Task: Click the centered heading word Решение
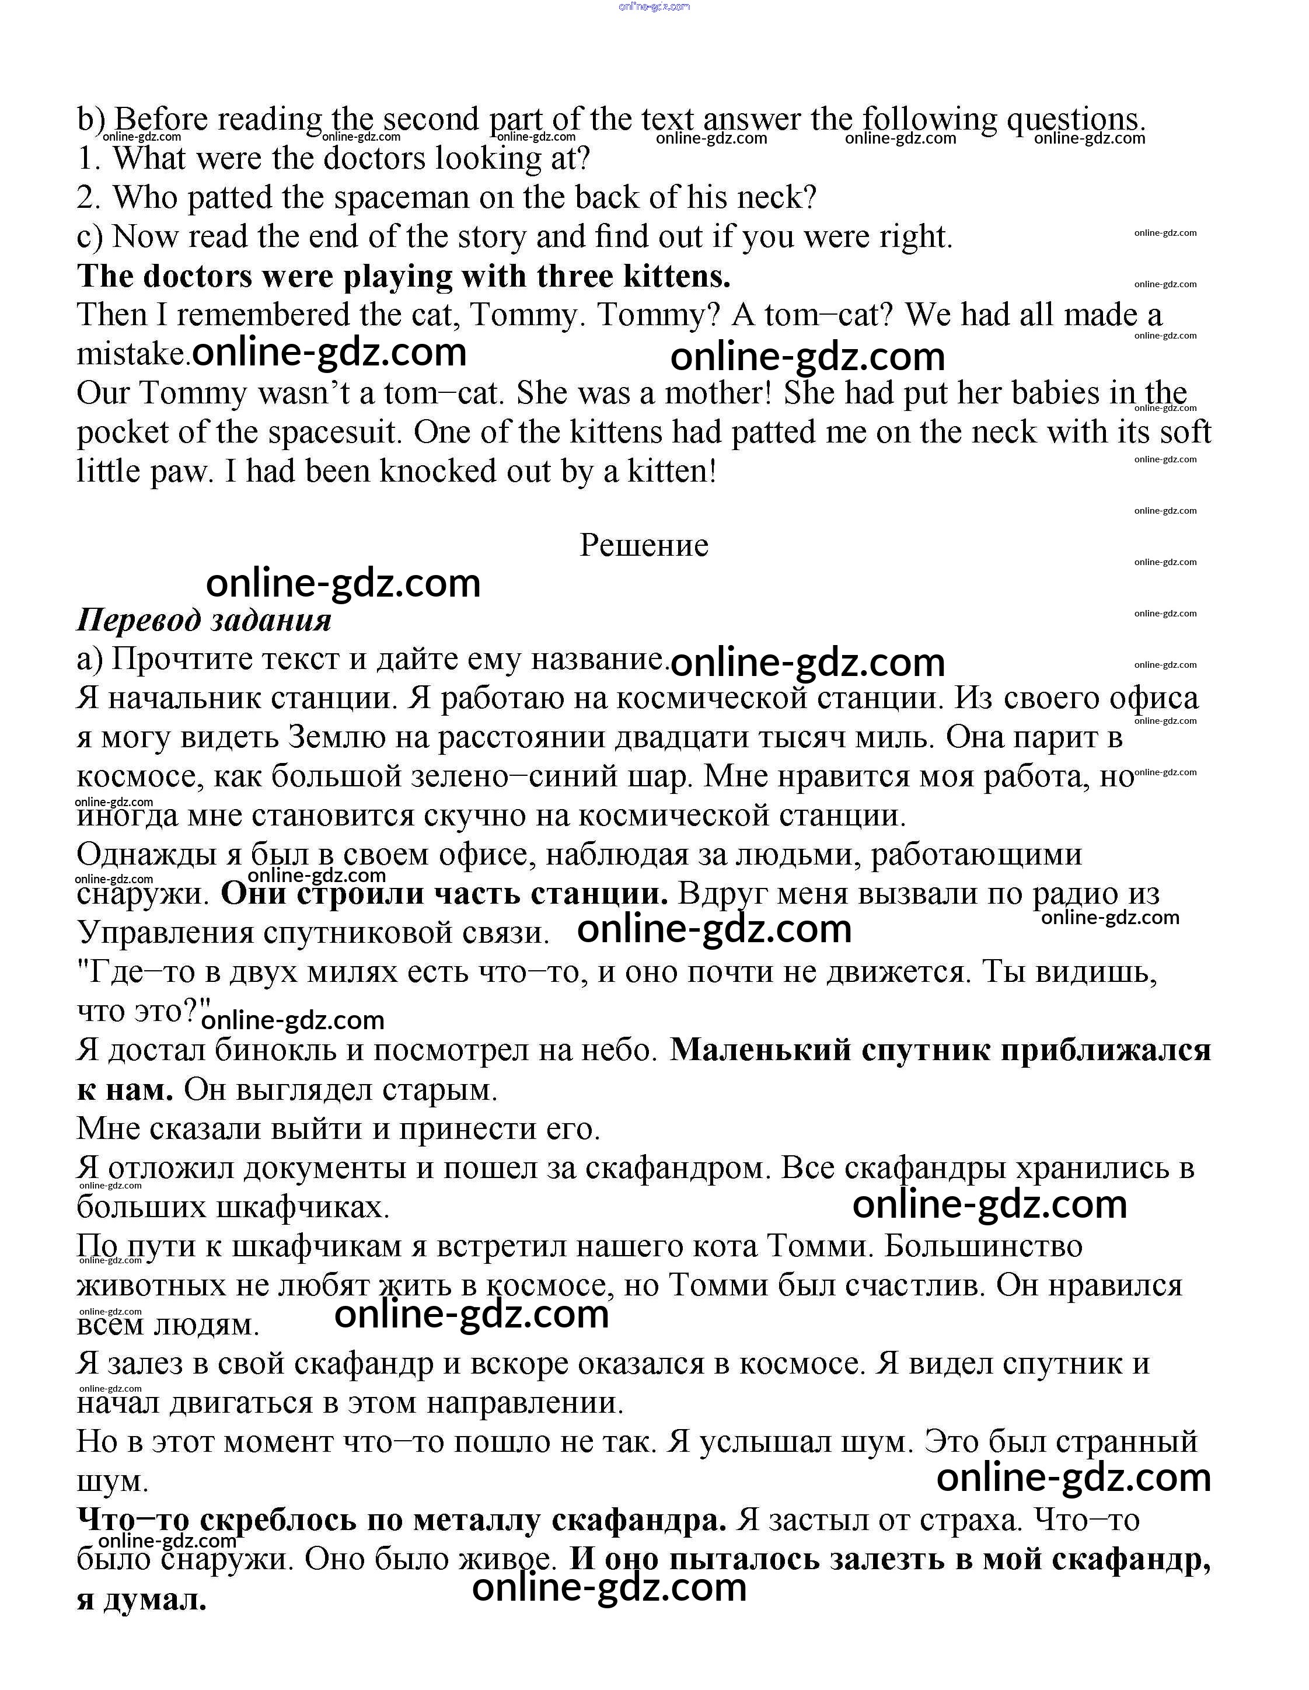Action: point(644,546)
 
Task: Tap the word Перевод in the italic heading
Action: point(138,621)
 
